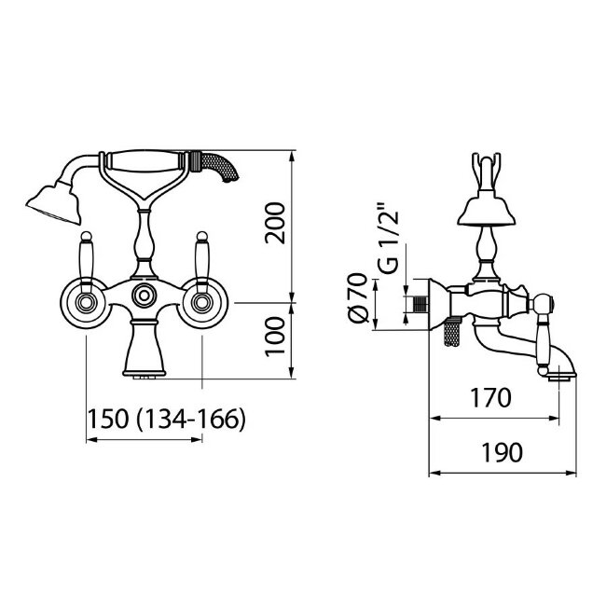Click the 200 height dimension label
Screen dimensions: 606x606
pos(275,223)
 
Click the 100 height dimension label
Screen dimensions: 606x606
pos(275,337)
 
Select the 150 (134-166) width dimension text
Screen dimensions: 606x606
pos(167,419)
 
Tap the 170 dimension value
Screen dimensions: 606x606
pos(490,398)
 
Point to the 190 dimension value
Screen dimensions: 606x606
pos(502,452)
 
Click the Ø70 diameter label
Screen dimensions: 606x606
pos(357,297)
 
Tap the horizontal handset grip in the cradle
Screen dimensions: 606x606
pos(145,161)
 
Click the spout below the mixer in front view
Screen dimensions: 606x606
pos(145,349)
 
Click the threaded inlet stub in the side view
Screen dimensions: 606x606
pos(420,304)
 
